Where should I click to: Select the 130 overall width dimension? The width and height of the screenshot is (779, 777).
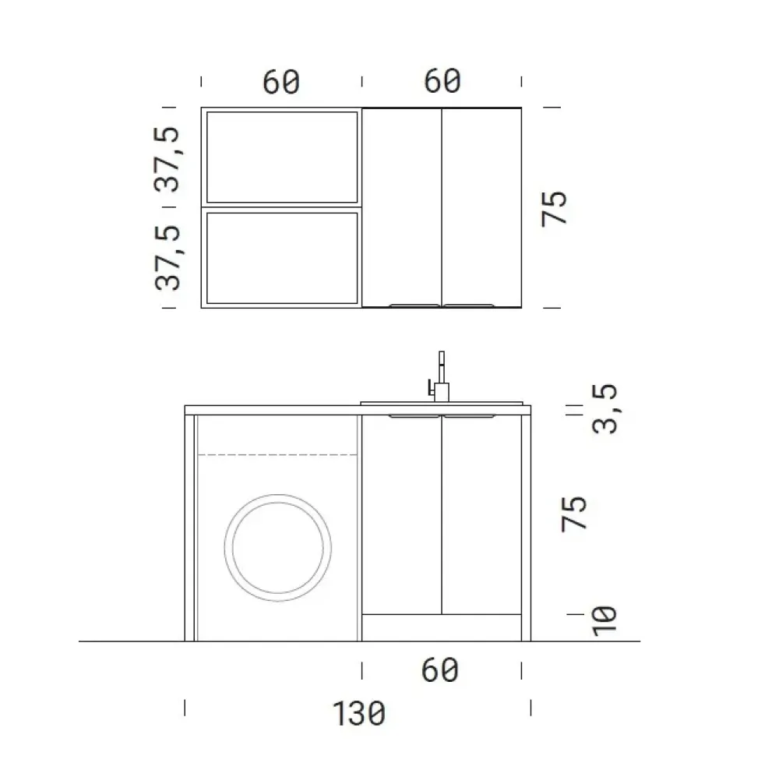(359, 713)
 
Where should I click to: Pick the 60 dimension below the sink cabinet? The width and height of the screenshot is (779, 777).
(441, 670)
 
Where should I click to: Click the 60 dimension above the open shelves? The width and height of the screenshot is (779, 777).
(280, 82)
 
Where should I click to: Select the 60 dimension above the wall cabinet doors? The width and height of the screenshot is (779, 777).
(442, 80)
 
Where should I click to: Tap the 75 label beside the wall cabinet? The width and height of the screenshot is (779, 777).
(556, 207)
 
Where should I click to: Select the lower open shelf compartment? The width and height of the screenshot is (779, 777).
(280, 257)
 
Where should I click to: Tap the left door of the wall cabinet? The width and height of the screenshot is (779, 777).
(402, 207)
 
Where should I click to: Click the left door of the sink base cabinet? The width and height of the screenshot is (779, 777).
(402, 514)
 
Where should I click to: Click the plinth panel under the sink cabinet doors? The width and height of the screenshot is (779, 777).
(442, 627)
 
